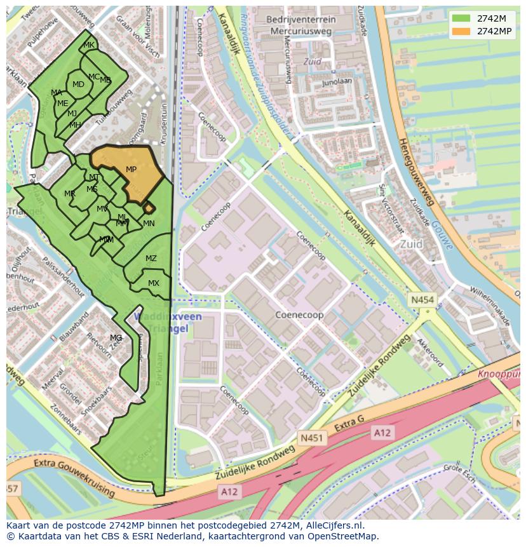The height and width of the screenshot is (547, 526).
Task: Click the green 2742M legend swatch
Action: coord(461,18)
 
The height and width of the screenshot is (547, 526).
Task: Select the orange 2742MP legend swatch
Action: coord(461,31)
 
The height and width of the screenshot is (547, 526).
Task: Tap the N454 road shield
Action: coord(422,299)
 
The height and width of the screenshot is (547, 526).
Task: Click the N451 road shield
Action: coord(311,438)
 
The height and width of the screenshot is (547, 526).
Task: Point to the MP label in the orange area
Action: coord(131,170)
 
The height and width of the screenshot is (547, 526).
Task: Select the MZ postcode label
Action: coord(151,259)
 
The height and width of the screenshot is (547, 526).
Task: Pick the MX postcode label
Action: coord(154,283)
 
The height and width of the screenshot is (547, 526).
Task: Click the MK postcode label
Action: coord(89,45)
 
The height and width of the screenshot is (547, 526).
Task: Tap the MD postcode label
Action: coord(78,84)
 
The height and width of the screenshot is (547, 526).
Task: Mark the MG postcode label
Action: coord(116,338)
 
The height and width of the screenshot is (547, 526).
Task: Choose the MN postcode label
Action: coord(149,224)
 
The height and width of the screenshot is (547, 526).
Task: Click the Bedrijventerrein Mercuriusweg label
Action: coord(301,25)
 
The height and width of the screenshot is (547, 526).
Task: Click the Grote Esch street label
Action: coord(461,475)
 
